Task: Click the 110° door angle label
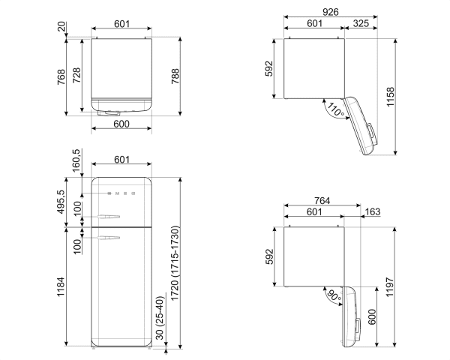pyautogui.click(x=334, y=110)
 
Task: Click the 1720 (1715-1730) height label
pyautogui.click(x=174, y=262)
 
